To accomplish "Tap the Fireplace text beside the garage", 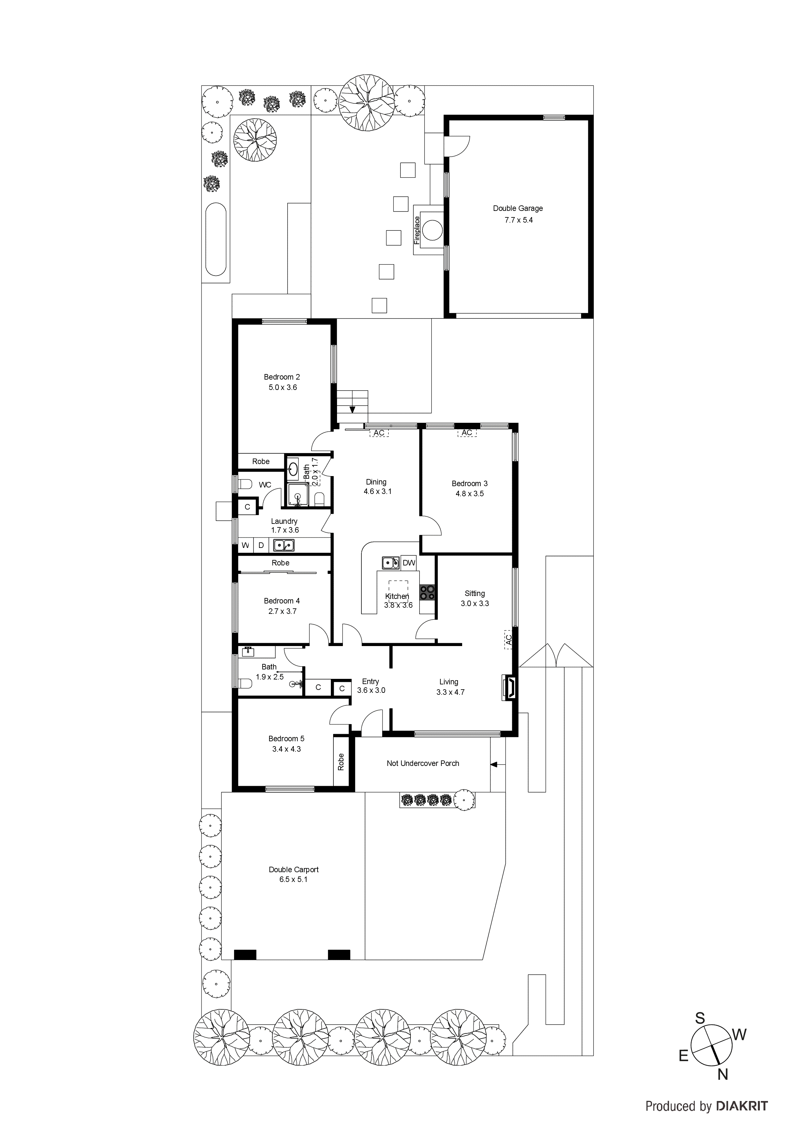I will [x=417, y=230].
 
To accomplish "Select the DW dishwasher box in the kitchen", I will [x=409, y=563].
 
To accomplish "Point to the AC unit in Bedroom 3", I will [x=467, y=433].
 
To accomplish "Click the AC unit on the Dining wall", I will [x=379, y=433].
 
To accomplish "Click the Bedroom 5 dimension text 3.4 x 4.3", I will [x=287, y=749].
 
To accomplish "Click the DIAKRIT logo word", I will [x=742, y=1106].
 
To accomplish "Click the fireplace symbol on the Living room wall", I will [x=509, y=687].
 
